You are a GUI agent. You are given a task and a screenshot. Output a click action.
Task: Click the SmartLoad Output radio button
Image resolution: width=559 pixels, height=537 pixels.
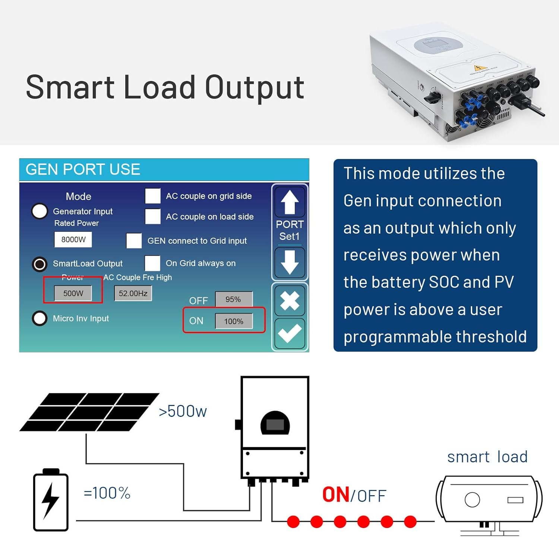click(40, 264)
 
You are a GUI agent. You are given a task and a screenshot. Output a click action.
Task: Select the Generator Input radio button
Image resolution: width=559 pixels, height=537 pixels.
click(40, 211)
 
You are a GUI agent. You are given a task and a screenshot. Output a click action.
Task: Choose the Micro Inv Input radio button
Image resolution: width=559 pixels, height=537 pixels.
click(40, 319)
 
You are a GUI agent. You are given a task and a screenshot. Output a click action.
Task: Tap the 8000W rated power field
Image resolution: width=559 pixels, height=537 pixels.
click(73, 240)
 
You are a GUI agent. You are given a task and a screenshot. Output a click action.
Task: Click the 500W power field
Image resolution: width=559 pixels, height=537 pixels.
click(73, 293)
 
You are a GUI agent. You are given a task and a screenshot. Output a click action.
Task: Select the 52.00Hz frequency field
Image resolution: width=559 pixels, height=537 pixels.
click(133, 293)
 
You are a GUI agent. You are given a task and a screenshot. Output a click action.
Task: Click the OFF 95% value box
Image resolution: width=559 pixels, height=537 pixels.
click(234, 300)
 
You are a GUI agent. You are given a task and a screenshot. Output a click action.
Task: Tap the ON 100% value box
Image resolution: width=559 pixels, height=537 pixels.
click(234, 321)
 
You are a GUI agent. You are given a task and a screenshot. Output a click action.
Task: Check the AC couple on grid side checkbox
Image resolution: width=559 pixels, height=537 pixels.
click(153, 196)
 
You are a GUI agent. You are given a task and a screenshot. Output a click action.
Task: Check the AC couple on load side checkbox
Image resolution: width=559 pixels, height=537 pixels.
click(153, 216)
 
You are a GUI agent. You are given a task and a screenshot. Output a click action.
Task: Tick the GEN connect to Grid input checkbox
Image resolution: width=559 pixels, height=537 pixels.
click(134, 241)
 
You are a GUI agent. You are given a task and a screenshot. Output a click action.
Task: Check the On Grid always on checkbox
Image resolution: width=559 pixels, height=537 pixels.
click(152, 263)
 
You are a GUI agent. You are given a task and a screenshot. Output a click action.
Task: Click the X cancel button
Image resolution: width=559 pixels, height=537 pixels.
click(290, 300)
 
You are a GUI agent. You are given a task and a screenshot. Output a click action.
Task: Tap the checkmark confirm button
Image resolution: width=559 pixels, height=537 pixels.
click(290, 333)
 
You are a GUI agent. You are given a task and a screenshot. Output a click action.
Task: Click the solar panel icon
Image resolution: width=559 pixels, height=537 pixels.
click(89, 412)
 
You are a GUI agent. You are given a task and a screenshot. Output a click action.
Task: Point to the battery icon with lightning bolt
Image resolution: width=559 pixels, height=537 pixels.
click(51, 500)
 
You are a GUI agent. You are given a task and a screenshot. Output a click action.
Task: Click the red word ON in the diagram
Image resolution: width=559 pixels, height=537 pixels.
click(335, 495)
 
